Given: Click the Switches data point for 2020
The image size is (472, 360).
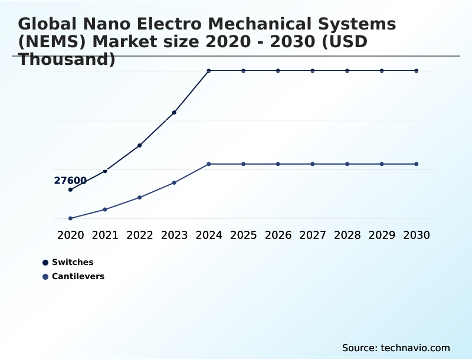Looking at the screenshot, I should tap(70, 189).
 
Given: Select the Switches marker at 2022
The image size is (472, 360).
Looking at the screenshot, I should tap(139, 145).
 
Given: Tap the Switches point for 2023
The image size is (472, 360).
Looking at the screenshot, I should tap(174, 112).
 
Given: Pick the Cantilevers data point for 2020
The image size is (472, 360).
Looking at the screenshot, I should tap(70, 218).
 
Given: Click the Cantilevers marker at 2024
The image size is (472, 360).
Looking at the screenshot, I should tap(209, 164).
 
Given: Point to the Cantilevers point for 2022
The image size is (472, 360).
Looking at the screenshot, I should tap(139, 197).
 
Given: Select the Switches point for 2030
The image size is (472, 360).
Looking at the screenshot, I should tap(417, 71).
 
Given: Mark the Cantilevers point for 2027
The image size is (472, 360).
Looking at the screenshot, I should tap(313, 164).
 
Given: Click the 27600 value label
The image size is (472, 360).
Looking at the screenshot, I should tap(70, 181).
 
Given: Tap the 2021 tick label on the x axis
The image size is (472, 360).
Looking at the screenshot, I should tap(105, 235).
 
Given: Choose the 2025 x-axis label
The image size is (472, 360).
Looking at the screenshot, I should tap(244, 235).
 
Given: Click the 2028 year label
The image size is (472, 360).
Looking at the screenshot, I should tap(348, 235).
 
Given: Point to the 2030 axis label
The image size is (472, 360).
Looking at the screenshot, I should tap(417, 235).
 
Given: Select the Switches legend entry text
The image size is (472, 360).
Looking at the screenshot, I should tap(73, 262).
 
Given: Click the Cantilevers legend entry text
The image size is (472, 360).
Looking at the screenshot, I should tap(78, 276).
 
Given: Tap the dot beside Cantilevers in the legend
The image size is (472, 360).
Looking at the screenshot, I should tap(45, 276).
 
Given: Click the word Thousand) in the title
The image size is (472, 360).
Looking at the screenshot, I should tap(67, 59).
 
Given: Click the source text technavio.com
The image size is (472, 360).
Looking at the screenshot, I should tap(415, 348).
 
